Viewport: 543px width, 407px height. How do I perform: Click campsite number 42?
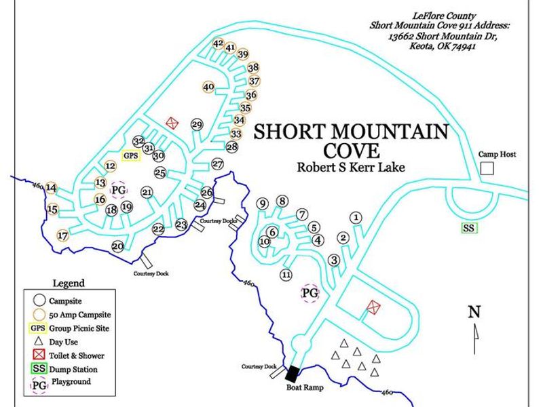click(218, 43)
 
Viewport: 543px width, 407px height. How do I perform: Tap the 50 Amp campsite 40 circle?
click(208, 87)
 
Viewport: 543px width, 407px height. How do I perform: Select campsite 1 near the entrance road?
click(356, 217)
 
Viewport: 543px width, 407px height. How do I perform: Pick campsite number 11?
click(286, 275)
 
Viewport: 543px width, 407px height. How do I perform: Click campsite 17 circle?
click(62, 236)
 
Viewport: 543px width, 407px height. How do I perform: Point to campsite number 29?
click(198, 125)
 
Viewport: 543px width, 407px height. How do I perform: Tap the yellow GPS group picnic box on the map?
click(131, 155)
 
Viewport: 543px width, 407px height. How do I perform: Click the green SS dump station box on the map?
click(468, 228)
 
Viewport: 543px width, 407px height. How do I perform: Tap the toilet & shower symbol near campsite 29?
click(172, 123)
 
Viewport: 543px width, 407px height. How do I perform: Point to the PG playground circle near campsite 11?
click(310, 293)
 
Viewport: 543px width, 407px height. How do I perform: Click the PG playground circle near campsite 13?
click(119, 189)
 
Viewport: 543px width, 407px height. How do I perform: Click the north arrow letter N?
click(474, 312)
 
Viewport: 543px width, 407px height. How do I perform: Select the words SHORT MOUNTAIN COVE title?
click(350, 140)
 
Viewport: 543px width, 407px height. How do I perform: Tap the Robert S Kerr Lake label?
click(350, 166)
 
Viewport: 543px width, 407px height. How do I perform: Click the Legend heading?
click(69, 283)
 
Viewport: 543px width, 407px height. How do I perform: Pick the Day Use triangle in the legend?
click(39, 341)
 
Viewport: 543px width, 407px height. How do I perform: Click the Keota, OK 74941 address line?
click(441, 47)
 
